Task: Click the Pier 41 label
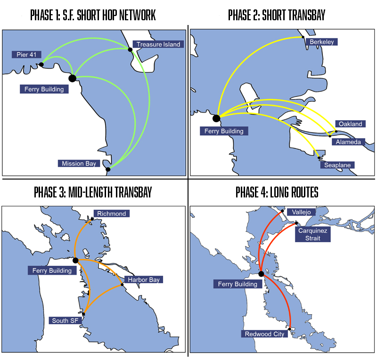pos(26,55)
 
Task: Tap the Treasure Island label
pos(158,44)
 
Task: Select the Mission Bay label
pos(79,164)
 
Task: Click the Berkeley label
pos(322,42)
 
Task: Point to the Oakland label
pos(350,124)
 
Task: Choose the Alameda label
pos(349,142)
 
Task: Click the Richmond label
pos(111,213)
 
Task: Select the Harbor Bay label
pos(144,279)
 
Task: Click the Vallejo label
pos(301,212)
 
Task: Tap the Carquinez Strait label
pos(313,234)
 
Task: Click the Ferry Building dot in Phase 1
pos(72,78)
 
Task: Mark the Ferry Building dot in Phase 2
pos(216,118)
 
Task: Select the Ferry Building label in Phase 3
pos(52,270)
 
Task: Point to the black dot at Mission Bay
pos(108,169)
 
